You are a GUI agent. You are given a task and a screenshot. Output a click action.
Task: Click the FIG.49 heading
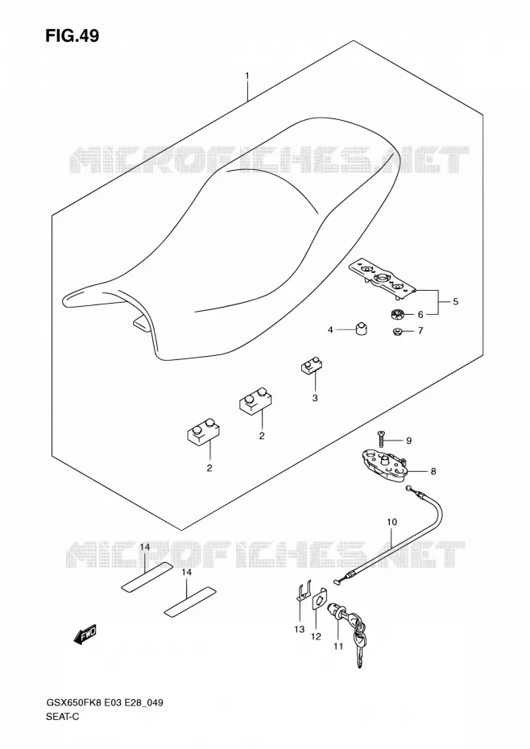pos(72,35)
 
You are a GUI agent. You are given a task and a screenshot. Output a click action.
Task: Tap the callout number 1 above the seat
pos(247,76)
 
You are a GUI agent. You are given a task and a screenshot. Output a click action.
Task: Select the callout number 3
pos(314,398)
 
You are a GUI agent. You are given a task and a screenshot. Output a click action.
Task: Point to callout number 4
pos(330,329)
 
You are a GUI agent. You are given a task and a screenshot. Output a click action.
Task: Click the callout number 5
pos(455,301)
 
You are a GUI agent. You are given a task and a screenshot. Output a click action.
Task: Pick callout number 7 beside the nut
pos(420,330)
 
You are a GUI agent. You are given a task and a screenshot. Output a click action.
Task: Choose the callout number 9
pos(408,441)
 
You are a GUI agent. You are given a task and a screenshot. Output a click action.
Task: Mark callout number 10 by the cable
pos(391,522)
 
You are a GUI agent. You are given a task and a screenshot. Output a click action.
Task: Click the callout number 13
pos(299,629)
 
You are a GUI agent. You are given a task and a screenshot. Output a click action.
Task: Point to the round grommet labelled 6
pos(395,315)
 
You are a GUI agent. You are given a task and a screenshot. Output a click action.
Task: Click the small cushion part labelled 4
pos(362,329)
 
